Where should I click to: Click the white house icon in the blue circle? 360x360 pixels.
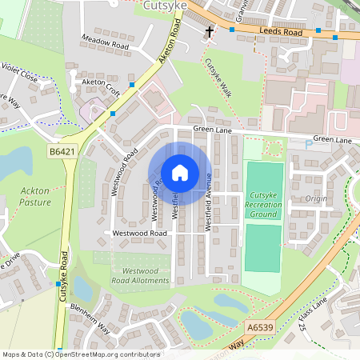tap(180, 172)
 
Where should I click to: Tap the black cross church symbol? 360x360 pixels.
tap(210, 33)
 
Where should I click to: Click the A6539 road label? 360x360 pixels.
tap(259, 327)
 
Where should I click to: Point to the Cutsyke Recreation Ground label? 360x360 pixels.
tap(265, 206)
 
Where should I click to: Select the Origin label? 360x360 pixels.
tap(316, 198)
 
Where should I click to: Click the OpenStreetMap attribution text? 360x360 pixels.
tap(80, 354)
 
